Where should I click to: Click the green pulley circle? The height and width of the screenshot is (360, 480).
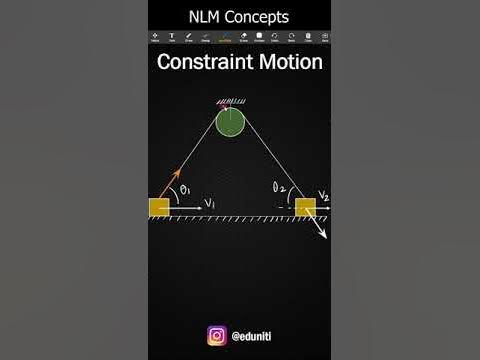230,122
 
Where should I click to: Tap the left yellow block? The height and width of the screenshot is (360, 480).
160,208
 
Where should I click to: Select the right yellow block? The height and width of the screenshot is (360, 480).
305,207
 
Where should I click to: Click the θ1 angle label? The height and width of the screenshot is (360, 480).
185,190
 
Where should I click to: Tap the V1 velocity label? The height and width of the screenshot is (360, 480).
210,203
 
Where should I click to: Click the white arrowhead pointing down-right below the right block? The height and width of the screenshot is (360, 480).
325,236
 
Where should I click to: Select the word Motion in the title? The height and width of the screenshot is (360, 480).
286,62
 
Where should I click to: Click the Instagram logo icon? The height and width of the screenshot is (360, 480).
216,336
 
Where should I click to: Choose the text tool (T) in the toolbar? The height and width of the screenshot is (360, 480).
172,37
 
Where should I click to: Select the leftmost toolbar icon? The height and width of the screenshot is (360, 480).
155,37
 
